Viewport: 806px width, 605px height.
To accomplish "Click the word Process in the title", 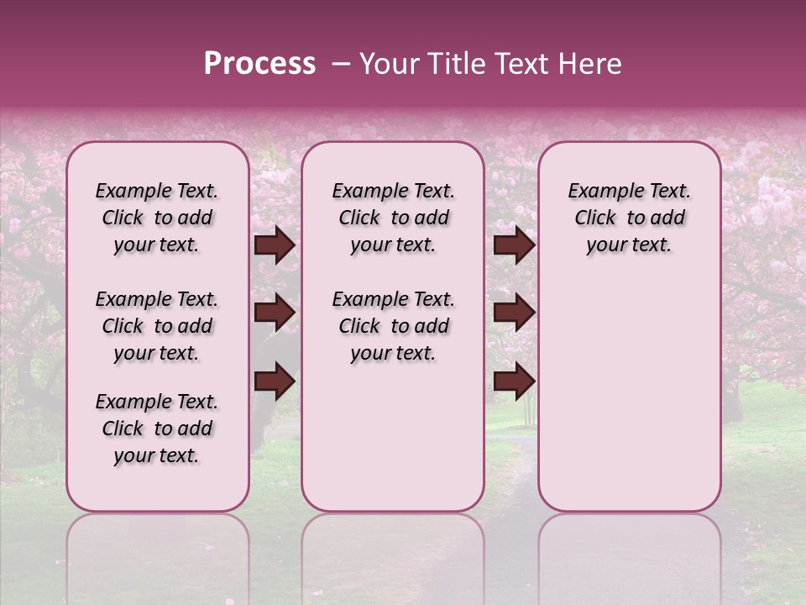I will click(259, 64).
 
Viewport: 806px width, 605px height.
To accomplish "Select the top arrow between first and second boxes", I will click(275, 245).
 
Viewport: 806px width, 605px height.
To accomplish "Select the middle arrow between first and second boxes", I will click(275, 313).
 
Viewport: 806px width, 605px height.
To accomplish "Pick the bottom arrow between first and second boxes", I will click(275, 381).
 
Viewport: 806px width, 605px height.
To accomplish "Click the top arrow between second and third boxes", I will click(514, 245).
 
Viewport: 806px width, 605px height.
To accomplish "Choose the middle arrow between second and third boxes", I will click(514, 313).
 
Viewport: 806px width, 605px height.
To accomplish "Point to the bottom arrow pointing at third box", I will click(514, 381).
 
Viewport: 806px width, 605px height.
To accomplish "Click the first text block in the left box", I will click(157, 218).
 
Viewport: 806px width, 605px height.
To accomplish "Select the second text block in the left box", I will click(157, 326).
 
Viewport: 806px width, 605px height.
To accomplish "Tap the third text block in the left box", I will click(157, 429).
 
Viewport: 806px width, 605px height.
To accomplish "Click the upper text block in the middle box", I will click(394, 218).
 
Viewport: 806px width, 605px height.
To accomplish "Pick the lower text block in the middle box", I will click(394, 326).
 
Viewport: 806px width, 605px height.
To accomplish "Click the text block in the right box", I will click(630, 218).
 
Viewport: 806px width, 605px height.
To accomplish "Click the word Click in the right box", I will click(596, 218).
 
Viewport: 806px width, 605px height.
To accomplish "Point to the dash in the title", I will click(340, 64).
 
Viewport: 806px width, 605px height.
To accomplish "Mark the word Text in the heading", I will click(522, 64).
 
